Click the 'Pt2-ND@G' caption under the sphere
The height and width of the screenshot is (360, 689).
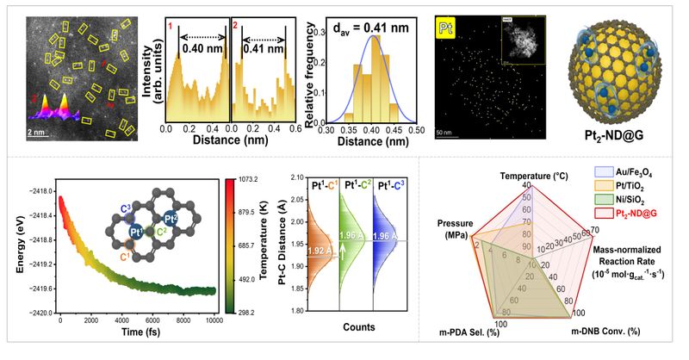pyautogui.click(x=621, y=137)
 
